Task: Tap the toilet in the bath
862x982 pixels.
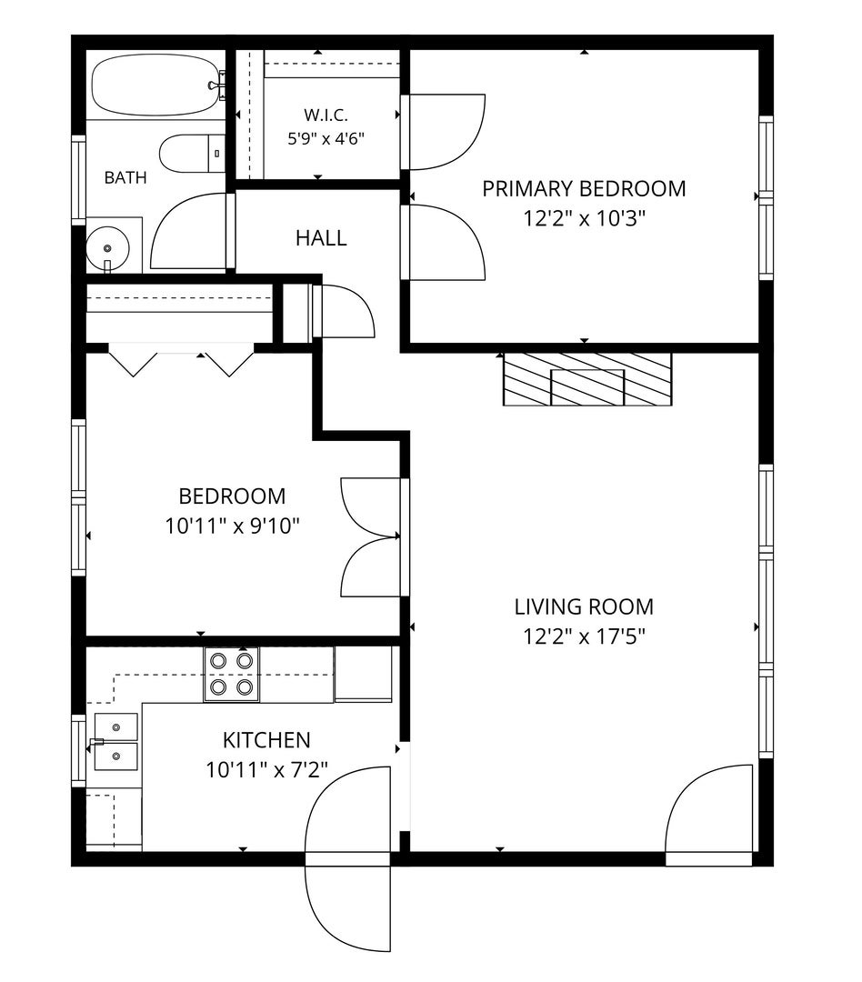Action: (x=192, y=154)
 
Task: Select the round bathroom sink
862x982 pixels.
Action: (x=107, y=248)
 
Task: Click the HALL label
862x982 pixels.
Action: (x=321, y=238)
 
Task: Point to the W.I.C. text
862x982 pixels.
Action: (x=326, y=115)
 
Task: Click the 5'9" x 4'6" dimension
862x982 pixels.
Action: (x=326, y=138)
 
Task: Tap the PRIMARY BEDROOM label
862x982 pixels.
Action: (x=584, y=188)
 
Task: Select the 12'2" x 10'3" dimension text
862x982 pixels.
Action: (x=584, y=218)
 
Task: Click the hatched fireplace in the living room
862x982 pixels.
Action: (x=587, y=379)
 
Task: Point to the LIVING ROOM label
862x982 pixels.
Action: (x=584, y=606)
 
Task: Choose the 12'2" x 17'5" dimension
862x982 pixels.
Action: (x=584, y=636)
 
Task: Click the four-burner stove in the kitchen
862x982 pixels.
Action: (x=231, y=674)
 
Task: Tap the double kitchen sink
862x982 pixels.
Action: (x=115, y=742)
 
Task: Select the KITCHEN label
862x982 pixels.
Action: (x=266, y=740)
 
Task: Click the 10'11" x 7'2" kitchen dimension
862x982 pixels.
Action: (x=266, y=770)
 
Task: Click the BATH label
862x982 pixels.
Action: (x=125, y=178)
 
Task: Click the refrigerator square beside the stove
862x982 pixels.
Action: (x=364, y=673)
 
